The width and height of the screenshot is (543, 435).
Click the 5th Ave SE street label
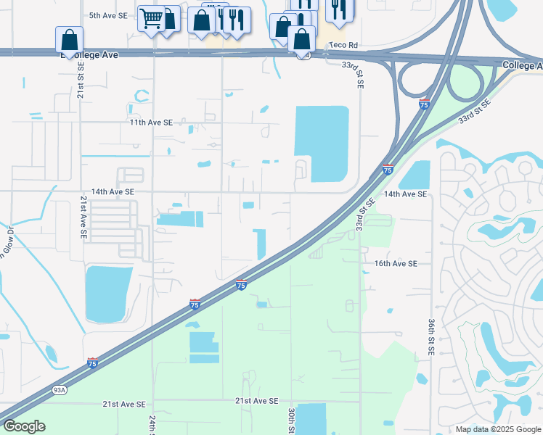coord(107,15)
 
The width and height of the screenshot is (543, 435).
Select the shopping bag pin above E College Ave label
coord(69,39)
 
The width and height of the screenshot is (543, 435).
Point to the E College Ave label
coord(90,54)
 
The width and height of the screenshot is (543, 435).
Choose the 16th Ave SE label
coord(396,264)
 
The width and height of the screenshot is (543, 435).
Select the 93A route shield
coord(60,390)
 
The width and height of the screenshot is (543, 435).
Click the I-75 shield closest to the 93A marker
coord(92,362)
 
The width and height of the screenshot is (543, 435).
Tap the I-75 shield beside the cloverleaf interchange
coord(425,104)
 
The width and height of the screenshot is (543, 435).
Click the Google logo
coord(24,426)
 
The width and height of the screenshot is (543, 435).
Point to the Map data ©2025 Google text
coord(497,429)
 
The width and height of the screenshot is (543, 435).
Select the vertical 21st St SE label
coord(81,80)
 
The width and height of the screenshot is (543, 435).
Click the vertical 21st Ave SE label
coord(83,217)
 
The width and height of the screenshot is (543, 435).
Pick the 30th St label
coord(290,420)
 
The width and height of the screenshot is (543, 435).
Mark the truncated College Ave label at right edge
coord(522,66)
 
